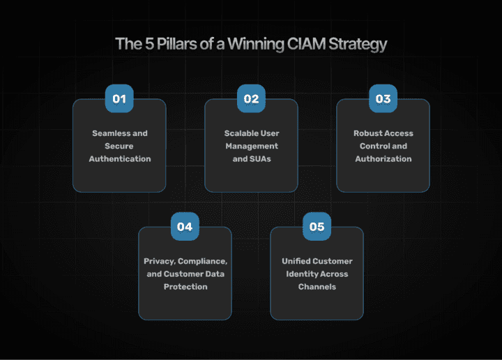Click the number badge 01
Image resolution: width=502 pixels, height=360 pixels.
pyautogui.click(x=119, y=98)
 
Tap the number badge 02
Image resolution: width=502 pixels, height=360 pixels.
pyautogui.click(x=251, y=98)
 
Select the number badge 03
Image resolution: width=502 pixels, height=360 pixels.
pyautogui.click(x=383, y=98)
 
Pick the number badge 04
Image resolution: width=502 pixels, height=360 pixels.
pyautogui.click(x=184, y=227)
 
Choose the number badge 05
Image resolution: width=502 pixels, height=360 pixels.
pyautogui.click(x=317, y=227)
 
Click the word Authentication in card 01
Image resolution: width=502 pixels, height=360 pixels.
pyautogui.click(x=119, y=159)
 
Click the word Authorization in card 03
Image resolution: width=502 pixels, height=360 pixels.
pyautogui.click(x=383, y=159)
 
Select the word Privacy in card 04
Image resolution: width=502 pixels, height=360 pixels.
pyautogui.click(x=158, y=261)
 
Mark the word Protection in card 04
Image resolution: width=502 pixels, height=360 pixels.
pyautogui.click(x=185, y=287)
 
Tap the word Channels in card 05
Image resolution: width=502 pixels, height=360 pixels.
pyautogui.click(x=317, y=287)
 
